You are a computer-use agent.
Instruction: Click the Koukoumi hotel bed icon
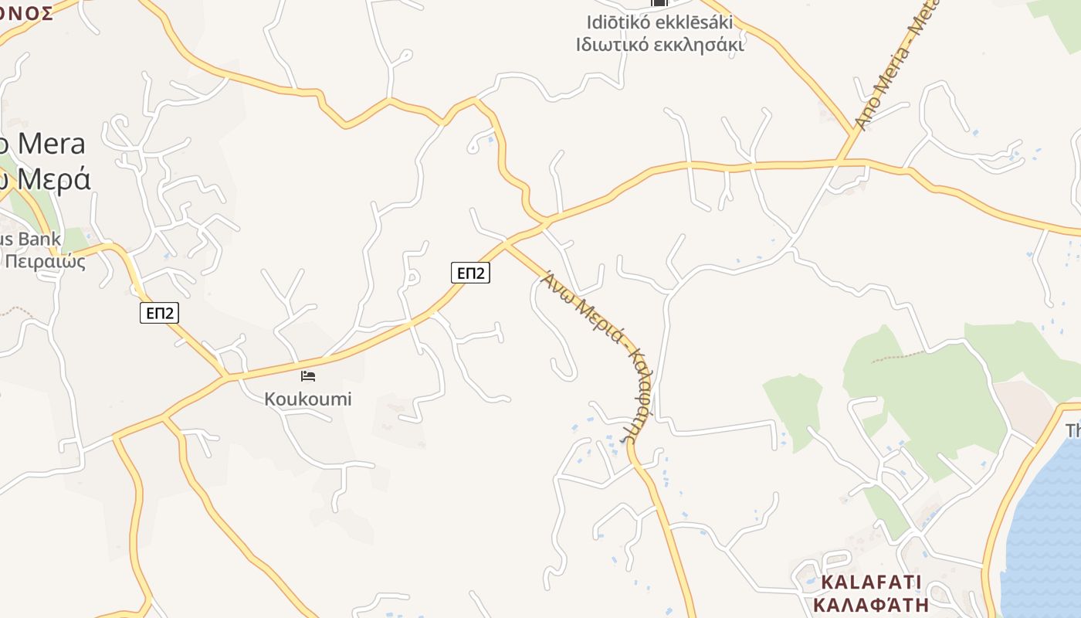click(308, 376)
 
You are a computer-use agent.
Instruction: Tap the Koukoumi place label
click(308, 399)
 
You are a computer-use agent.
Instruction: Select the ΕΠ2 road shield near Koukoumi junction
click(470, 272)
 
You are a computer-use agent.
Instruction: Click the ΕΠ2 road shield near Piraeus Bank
click(159, 312)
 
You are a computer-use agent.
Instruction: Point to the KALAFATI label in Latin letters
click(871, 582)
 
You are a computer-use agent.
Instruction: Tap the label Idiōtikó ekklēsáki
click(659, 22)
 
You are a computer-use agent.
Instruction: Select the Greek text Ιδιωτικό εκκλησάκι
click(659, 45)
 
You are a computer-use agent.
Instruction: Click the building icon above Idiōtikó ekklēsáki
click(659, 4)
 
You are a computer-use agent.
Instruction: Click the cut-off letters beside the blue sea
click(1073, 430)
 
